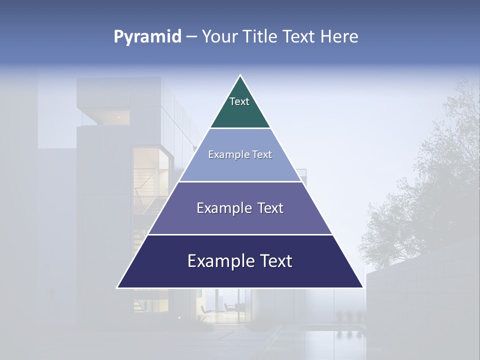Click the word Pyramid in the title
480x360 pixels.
click(x=147, y=37)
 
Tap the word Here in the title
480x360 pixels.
click(x=339, y=37)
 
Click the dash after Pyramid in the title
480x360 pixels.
click(x=191, y=37)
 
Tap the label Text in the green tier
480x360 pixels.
click(x=239, y=101)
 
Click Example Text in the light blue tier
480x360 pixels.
click(x=240, y=154)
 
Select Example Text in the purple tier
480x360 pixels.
click(x=240, y=208)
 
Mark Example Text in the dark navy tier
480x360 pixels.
click(x=240, y=261)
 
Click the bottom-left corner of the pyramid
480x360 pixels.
click(x=117, y=287)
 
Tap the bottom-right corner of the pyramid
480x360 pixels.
click(x=363, y=287)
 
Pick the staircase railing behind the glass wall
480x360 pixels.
click(x=145, y=192)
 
